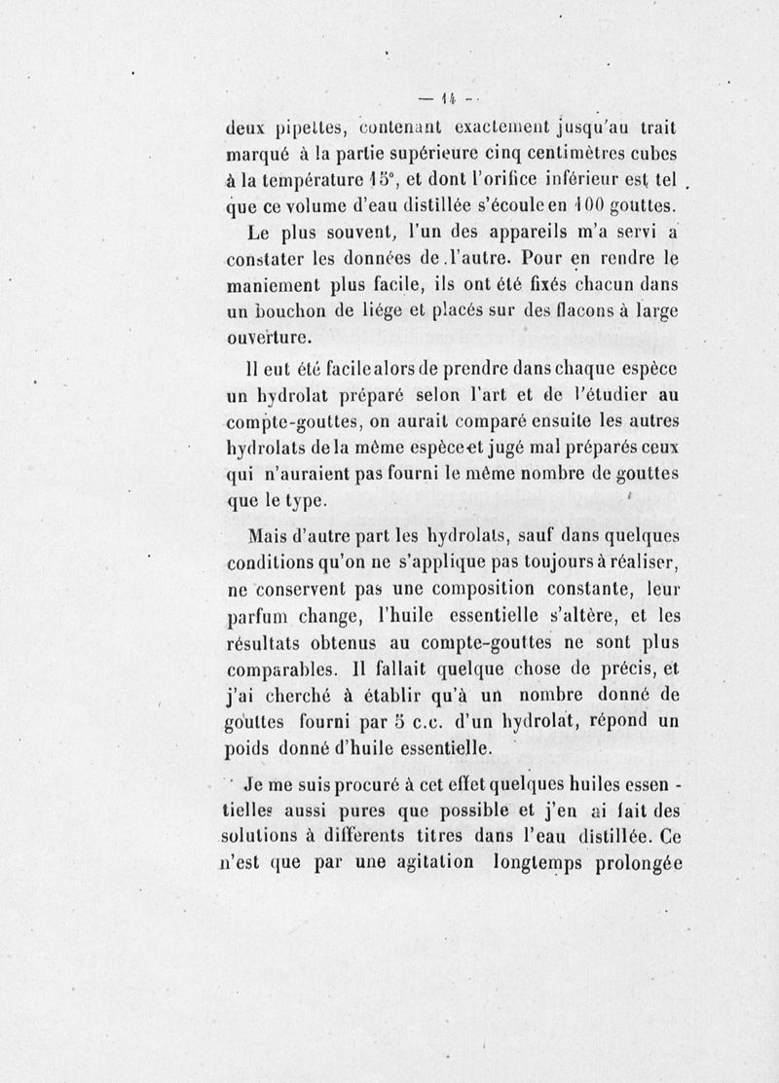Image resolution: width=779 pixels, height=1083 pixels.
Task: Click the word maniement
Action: (x=277, y=287)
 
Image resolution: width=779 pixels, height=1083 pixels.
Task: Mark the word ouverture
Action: (x=270, y=340)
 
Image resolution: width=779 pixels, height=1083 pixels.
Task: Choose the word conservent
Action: (x=309, y=590)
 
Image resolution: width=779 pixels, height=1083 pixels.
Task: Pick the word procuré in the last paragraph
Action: (x=373, y=784)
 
